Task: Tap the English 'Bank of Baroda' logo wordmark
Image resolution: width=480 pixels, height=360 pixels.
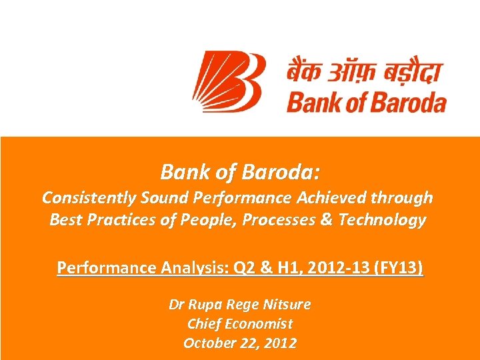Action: pos(366,103)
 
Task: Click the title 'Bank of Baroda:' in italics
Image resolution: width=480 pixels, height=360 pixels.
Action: pos(240,173)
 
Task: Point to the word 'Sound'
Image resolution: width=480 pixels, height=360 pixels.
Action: pos(154,198)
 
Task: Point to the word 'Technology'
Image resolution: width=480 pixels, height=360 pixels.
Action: pos(383,221)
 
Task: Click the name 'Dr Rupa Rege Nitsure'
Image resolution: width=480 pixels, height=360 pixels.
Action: pos(240,305)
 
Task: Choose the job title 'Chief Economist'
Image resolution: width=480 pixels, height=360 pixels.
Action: pos(240,324)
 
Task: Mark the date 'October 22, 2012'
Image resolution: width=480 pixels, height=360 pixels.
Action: pos(240,343)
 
